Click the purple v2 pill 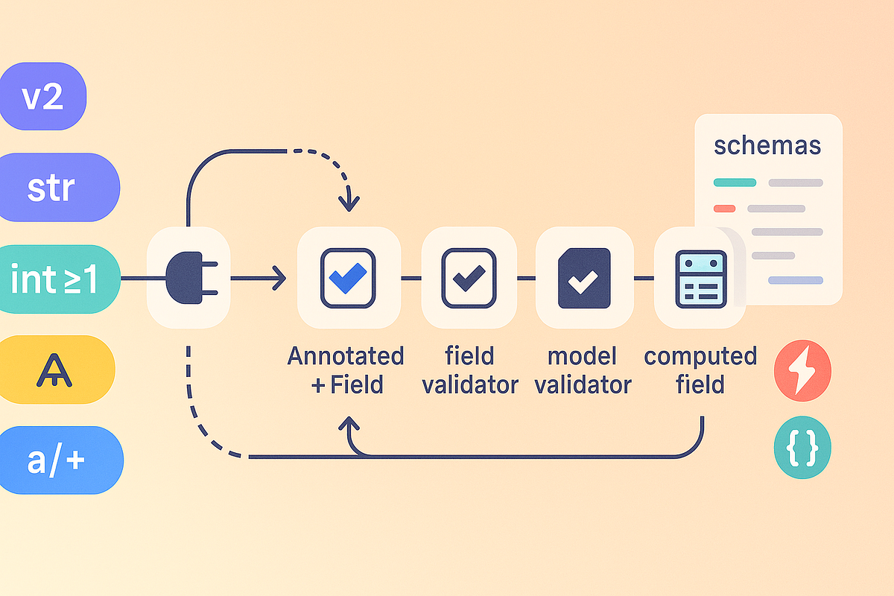pyautogui.click(x=43, y=98)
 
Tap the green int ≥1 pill pyautogui.click(x=55, y=279)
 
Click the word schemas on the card pyautogui.click(x=767, y=145)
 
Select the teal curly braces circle pyautogui.click(x=802, y=448)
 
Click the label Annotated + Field pyautogui.click(x=346, y=370)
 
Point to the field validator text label pyautogui.click(x=469, y=370)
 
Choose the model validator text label pyautogui.click(x=583, y=370)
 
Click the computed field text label pyautogui.click(x=700, y=370)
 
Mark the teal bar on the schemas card pyautogui.click(x=735, y=183)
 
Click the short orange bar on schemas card pyautogui.click(x=724, y=209)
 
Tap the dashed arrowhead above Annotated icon pyautogui.click(x=348, y=201)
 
